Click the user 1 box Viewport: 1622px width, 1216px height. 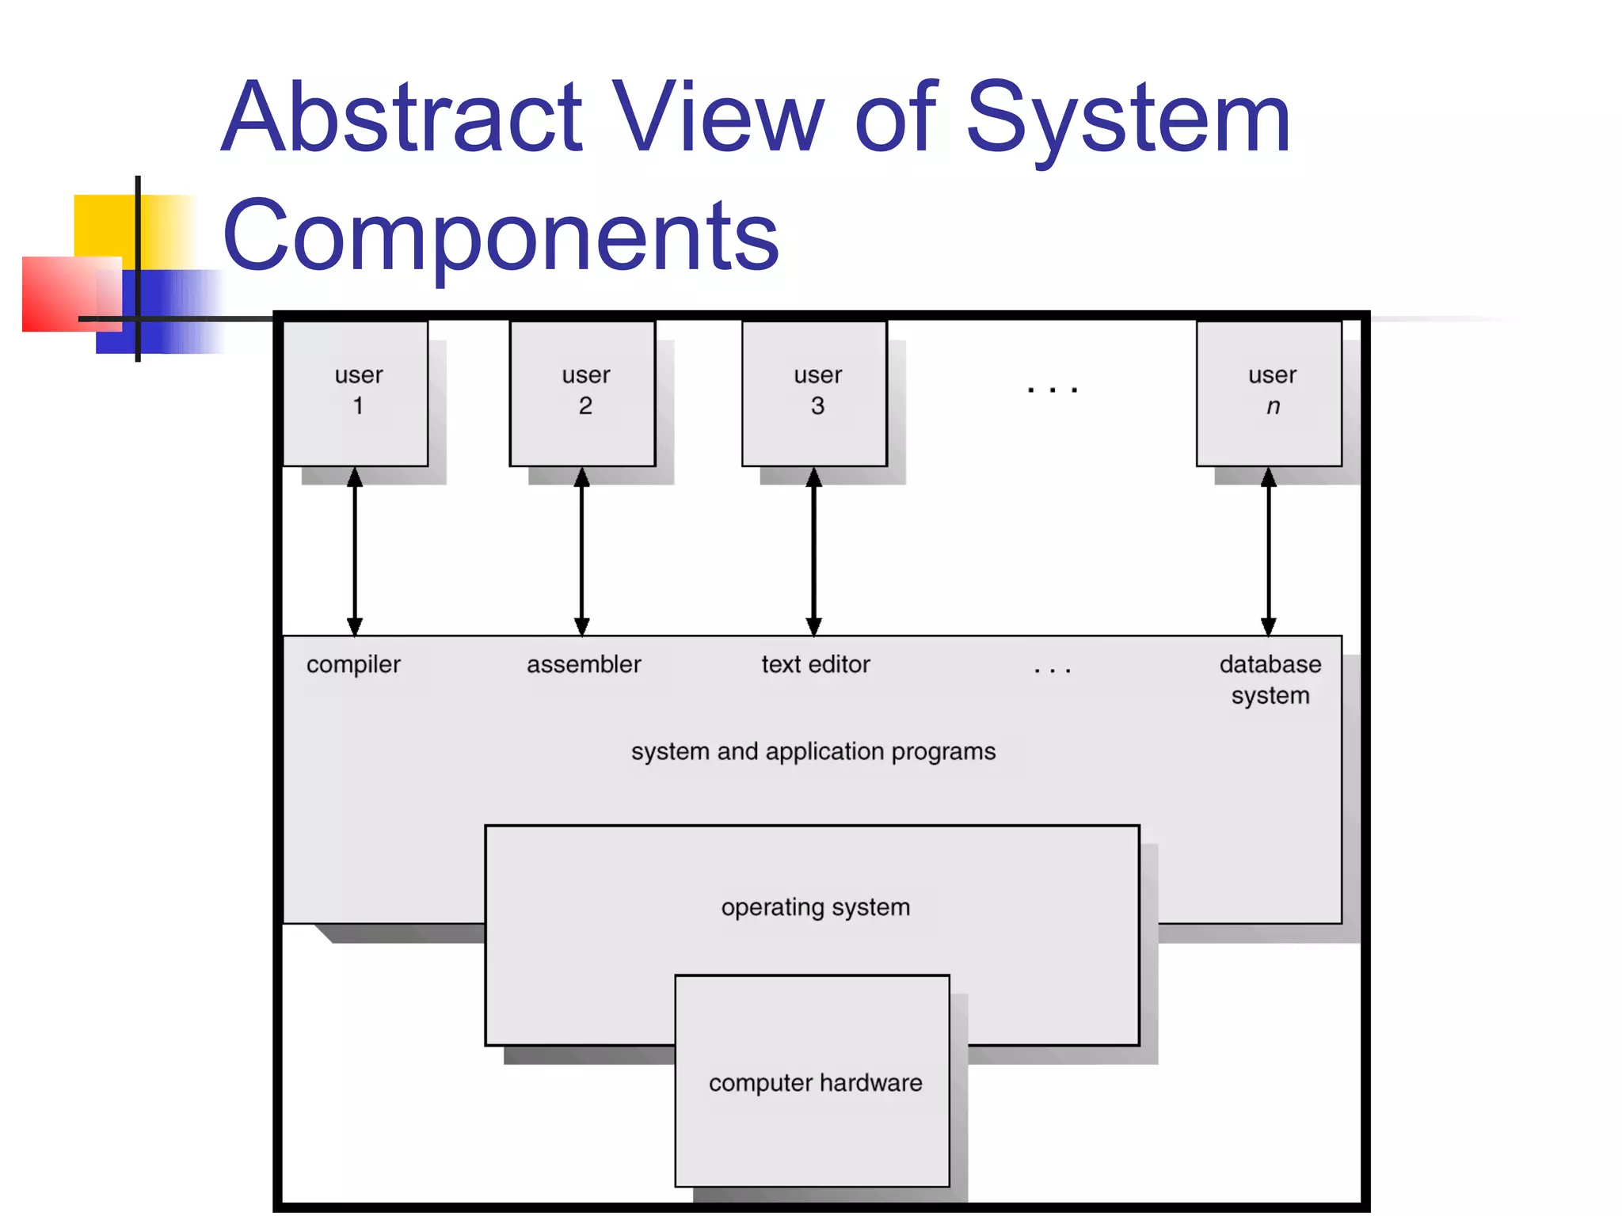pyautogui.click(x=356, y=393)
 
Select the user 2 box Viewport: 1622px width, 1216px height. pyautogui.click(x=583, y=393)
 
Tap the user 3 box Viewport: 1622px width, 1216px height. pyautogui.click(x=815, y=393)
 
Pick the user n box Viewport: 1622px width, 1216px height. pyautogui.click(x=1270, y=393)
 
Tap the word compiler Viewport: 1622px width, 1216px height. pyautogui.click(x=353, y=665)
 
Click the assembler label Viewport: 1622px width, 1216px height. pyautogui.click(x=584, y=664)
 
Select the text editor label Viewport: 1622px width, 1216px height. pyautogui.click(x=816, y=664)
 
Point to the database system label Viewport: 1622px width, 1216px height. pyautogui.click(x=1270, y=679)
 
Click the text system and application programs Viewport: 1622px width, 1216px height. pyautogui.click(x=813, y=751)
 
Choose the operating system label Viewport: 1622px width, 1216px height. pyautogui.click(x=816, y=907)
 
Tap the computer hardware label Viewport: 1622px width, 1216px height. pyautogui.click(x=816, y=1083)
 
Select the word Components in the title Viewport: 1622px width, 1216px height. pyautogui.click(x=501, y=236)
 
